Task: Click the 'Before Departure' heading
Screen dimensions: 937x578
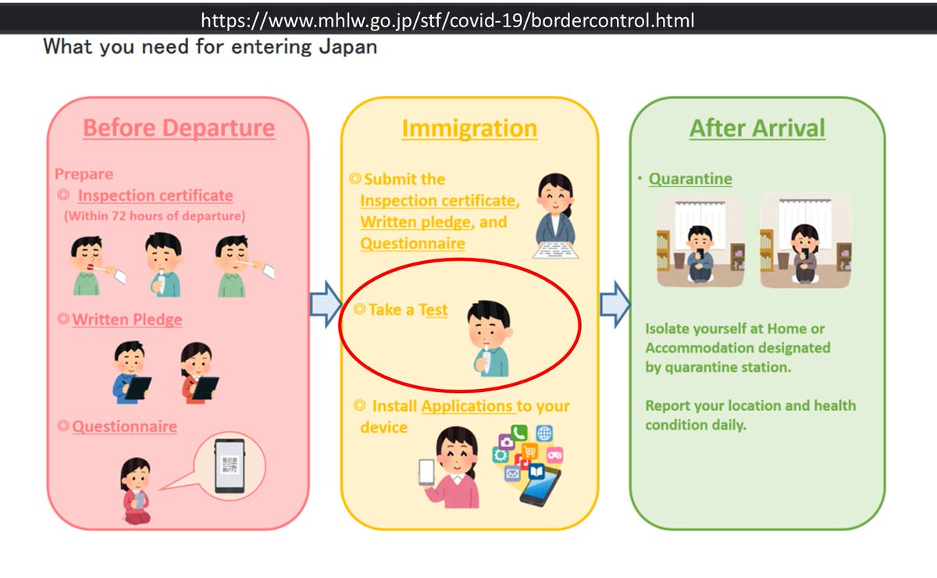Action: tap(179, 127)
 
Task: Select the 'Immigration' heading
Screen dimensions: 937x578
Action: tap(469, 129)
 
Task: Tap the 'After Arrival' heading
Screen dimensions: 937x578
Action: tap(757, 128)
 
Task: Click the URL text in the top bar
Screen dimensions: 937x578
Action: tap(447, 20)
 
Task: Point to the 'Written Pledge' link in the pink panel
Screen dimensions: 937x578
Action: tap(127, 319)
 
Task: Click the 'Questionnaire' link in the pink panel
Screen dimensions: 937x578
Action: tap(124, 426)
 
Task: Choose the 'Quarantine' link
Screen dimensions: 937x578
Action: tap(690, 179)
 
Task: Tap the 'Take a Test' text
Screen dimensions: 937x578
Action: tap(408, 310)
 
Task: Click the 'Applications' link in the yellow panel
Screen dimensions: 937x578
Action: tap(467, 406)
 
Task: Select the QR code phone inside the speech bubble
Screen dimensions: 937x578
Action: tap(230, 466)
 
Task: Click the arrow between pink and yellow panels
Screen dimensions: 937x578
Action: tap(325, 303)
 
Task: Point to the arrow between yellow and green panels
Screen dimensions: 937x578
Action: tap(615, 303)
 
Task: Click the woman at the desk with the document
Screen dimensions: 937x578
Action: tap(556, 215)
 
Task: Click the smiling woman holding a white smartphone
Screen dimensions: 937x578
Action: tap(450, 467)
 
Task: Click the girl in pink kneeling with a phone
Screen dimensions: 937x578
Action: tap(135, 492)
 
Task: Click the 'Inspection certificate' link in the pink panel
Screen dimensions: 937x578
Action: tap(155, 195)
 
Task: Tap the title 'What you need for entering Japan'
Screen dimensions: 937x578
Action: tap(210, 47)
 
